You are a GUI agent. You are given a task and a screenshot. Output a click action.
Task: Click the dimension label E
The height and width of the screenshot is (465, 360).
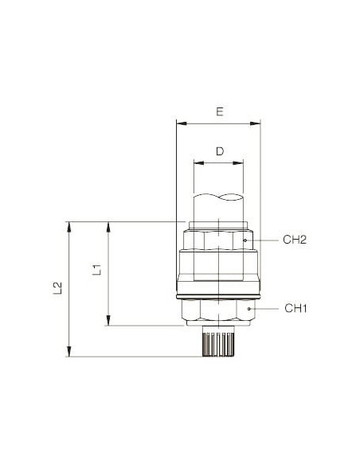pos(220,111)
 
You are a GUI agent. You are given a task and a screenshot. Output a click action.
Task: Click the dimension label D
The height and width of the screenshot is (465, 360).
pos(220,151)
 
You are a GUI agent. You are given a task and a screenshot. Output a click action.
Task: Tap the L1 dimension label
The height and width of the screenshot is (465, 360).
pos(96,270)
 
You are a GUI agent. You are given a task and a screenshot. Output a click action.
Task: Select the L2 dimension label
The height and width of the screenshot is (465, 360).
pos(57,288)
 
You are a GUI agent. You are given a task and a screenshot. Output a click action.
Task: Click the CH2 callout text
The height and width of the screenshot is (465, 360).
pos(295,240)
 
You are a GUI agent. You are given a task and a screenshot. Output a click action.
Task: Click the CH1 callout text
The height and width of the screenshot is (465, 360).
pos(295,308)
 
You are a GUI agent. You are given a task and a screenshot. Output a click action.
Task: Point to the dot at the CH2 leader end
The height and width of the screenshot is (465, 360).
pos(245,240)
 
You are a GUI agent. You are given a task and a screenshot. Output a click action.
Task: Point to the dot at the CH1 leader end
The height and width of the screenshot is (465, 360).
pos(249,309)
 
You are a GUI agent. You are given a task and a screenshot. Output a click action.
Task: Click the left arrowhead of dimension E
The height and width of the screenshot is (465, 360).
pos(182,123)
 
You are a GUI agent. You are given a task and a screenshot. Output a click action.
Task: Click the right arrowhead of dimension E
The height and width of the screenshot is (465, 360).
pos(255,123)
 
